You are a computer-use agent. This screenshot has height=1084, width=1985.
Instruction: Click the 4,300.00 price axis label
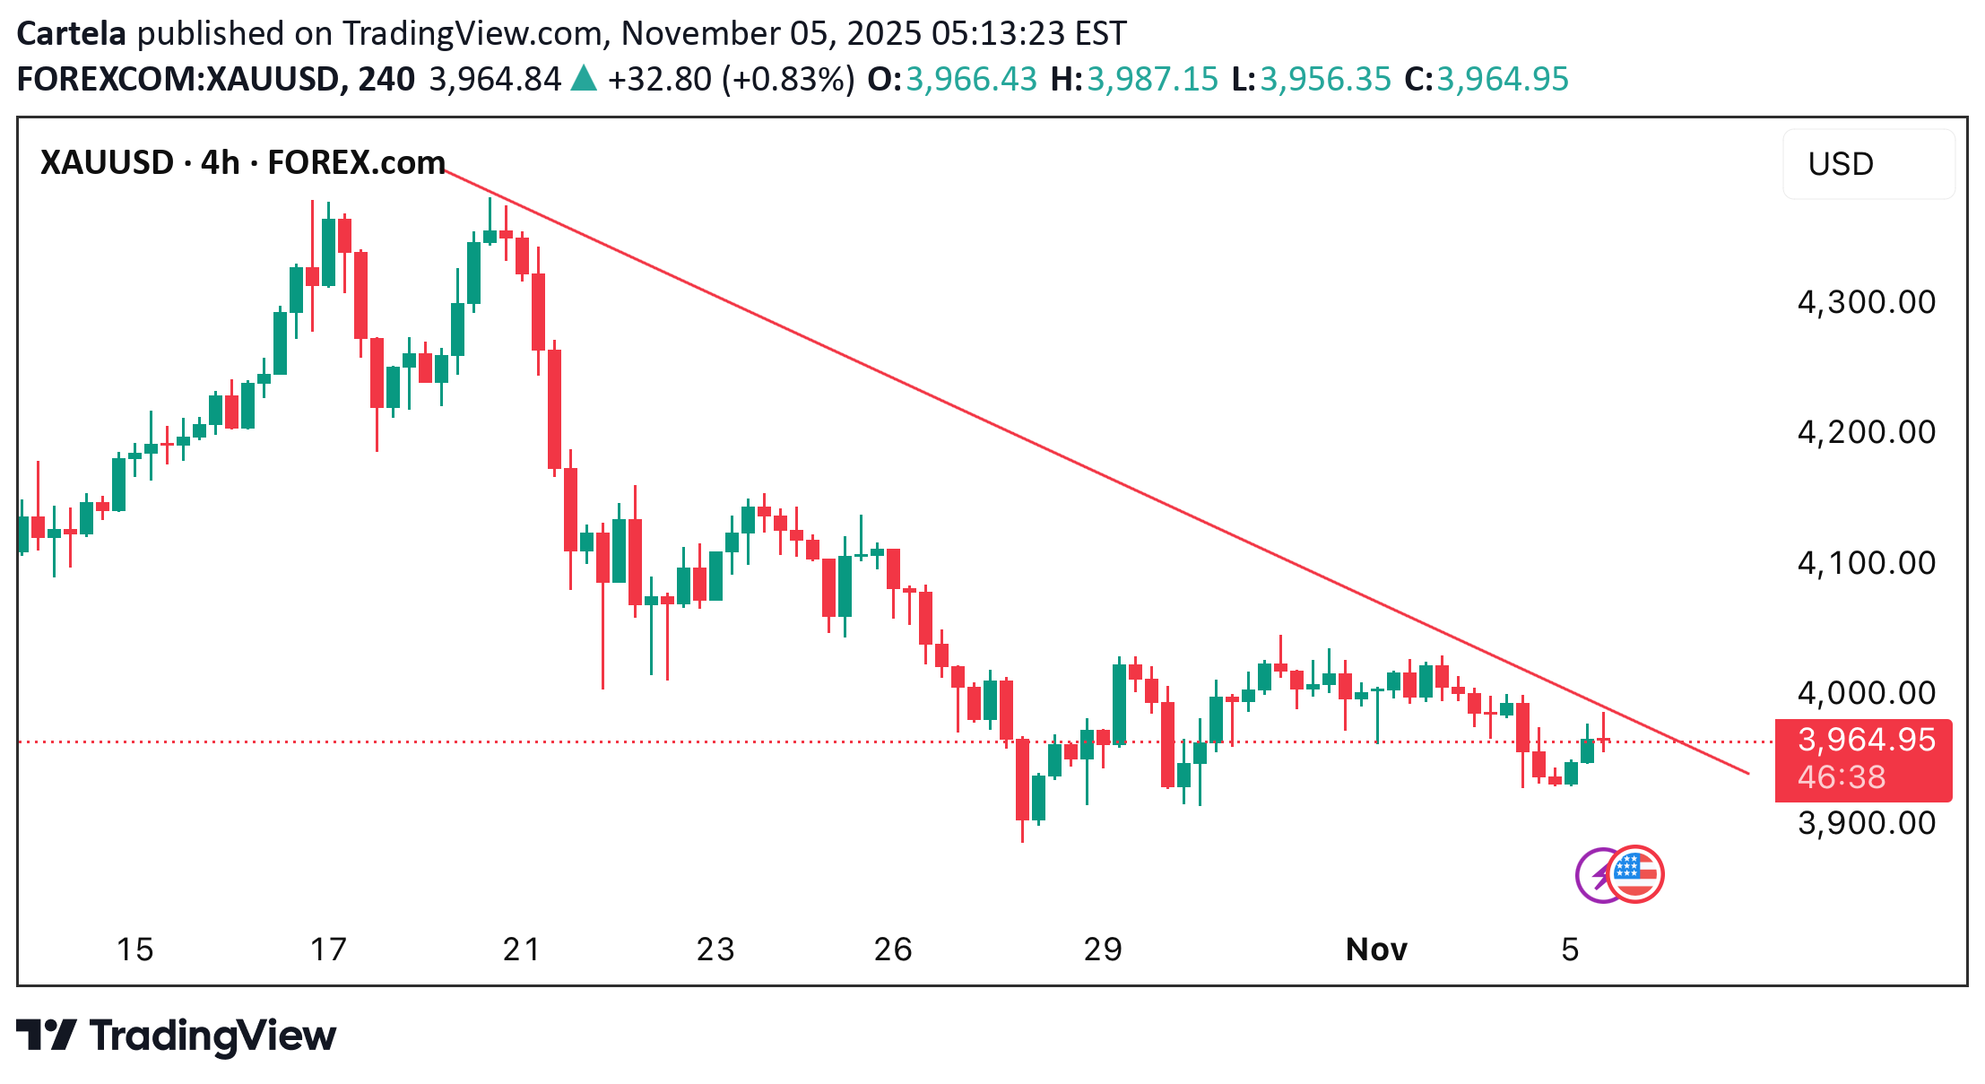[1866, 302]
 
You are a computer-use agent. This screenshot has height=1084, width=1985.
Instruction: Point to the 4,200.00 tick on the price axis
[1866, 432]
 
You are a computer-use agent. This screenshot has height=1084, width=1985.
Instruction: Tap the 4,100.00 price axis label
[1866, 563]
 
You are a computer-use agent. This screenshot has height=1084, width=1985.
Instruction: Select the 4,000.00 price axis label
[1866, 693]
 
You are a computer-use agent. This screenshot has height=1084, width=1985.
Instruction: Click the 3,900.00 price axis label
[1866, 823]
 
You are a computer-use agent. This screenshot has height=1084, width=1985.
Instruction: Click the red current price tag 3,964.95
[1866, 741]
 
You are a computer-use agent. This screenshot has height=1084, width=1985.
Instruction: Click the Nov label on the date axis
[1376, 950]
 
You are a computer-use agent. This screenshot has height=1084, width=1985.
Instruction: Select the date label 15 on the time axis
[135, 950]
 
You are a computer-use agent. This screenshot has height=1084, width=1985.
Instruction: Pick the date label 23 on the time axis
[715, 950]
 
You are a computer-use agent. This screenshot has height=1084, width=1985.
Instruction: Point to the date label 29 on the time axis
[1102, 950]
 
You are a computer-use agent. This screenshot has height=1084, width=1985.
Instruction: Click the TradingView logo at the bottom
[177, 1036]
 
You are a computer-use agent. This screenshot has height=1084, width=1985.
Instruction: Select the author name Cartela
[72, 33]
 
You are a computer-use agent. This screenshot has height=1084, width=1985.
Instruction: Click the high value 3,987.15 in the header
[1152, 79]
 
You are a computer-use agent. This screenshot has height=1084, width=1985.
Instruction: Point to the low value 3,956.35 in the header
[1325, 79]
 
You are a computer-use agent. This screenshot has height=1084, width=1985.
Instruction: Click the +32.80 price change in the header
[659, 79]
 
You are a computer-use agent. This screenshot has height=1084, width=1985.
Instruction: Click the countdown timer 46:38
[1842, 777]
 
